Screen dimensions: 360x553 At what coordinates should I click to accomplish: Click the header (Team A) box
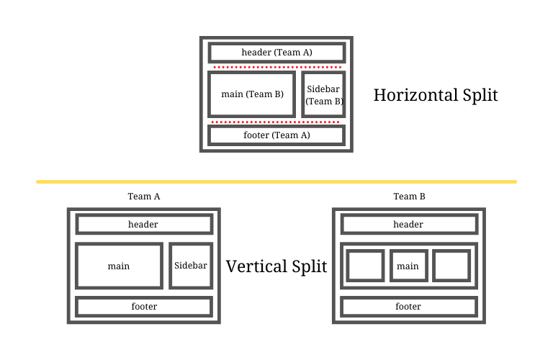pyautogui.click(x=276, y=53)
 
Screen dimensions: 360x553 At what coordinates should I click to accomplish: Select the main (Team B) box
pyautogui.click(x=251, y=94)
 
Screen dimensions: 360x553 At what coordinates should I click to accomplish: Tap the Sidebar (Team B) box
pyautogui.click(x=323, y=94)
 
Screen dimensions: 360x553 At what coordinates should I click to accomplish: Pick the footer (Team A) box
pyautogui.click(x=276, y=135)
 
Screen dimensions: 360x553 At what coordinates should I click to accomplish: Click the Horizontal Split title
pyautogui.click(x=436, y=95)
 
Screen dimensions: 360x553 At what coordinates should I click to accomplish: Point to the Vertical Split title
pyautogui.click(x=276, y=266)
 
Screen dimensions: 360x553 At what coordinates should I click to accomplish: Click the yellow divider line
pyautogui.click(x=276, y=181)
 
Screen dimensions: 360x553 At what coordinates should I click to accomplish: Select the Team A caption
pyautogui.click(x=143, y=197)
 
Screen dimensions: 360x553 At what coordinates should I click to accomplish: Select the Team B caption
pyautogui.click(x=408, y=197)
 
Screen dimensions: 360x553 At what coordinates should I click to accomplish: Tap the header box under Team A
pyautogui.click(x=143, y=224)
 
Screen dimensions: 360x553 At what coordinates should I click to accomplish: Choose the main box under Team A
pyautogui.click(x=119, y=266)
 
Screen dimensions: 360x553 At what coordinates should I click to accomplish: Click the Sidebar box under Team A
pyautogui.click(x=191, y=266)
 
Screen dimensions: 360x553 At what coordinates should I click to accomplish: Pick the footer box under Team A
pyautogui.click(x=143, y=307)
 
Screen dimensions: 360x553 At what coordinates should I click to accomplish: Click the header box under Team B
pyautogui.click(x=408, y=224)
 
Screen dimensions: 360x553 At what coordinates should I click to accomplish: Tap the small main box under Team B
pyautogui.click(x=408, y=266)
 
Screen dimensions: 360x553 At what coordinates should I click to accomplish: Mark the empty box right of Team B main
pyautogui.click(x=451, y=266)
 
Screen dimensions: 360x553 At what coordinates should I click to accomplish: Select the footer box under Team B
pyautogui.click(x=408, y=307)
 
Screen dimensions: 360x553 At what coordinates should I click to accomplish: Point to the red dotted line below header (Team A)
pyautogui.click(x=276, y=67)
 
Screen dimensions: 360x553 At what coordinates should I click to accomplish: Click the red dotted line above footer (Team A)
pyautogui.click(x=276, y=122)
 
